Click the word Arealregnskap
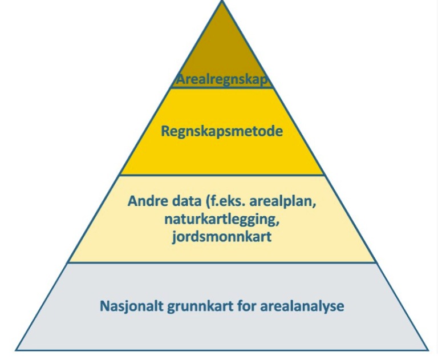pyautogui.click(x=221, y=80)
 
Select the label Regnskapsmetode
pyautogui.click(x=222, y=131)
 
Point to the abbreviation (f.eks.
pyautogui.click(x=225, y=201)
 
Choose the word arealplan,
pyautogui.click(x=283, y=202)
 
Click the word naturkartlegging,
pyautogui.click(x=222, y=220)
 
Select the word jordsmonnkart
pyautogui.click(x=222, y=237)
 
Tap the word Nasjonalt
pyautogui.click(x=131, y=306)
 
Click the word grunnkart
pyautogui.click(x=200, y=306)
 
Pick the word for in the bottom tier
pyautogui.click(x=247, y=306)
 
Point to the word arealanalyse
pyautogui.click(x=302, y=306)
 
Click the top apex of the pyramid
pyautogui.click(x=222, y=1)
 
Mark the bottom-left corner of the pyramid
pyautogui.click(x=16, y=350)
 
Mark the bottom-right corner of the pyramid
pyautogui.click(x=428, y=350)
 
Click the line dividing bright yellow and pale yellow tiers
pyautogui.click(x=222, y=175)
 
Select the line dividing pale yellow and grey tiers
pyautogui.click(x=222, y=262)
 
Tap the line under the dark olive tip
pyautogui.click(x=222, y=88)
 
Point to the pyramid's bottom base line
pyautogui.click(x=222, y=350)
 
